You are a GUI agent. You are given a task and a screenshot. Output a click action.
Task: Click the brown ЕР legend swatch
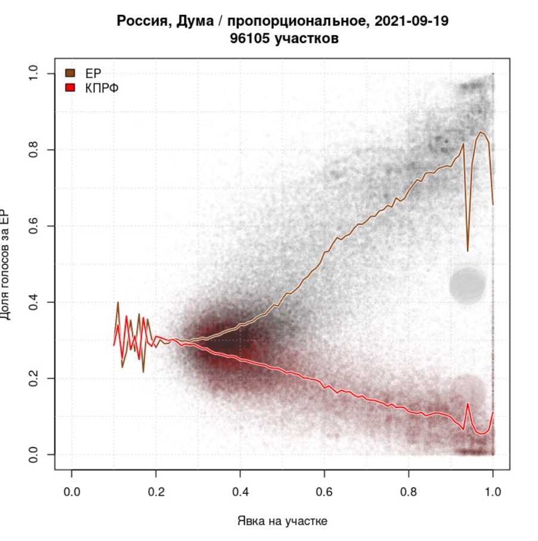pos(69,73)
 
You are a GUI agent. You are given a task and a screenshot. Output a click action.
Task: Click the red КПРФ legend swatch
pos(69,88)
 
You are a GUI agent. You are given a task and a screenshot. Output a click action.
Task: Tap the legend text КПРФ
pos(99,88)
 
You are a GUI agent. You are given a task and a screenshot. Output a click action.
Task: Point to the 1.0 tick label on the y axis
pos(34,73)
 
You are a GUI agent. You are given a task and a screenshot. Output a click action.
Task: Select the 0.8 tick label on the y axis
pos(34,150)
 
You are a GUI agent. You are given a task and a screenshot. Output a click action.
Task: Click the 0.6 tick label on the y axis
pos(34,226)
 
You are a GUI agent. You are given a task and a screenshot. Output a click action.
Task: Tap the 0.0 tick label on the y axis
pos(34,455)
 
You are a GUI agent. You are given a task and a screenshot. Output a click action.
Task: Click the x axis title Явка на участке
pos(282,521)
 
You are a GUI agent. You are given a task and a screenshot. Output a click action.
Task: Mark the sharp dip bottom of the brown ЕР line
pos(468,251)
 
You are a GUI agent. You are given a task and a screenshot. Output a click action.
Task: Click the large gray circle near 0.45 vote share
pos(468,284)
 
